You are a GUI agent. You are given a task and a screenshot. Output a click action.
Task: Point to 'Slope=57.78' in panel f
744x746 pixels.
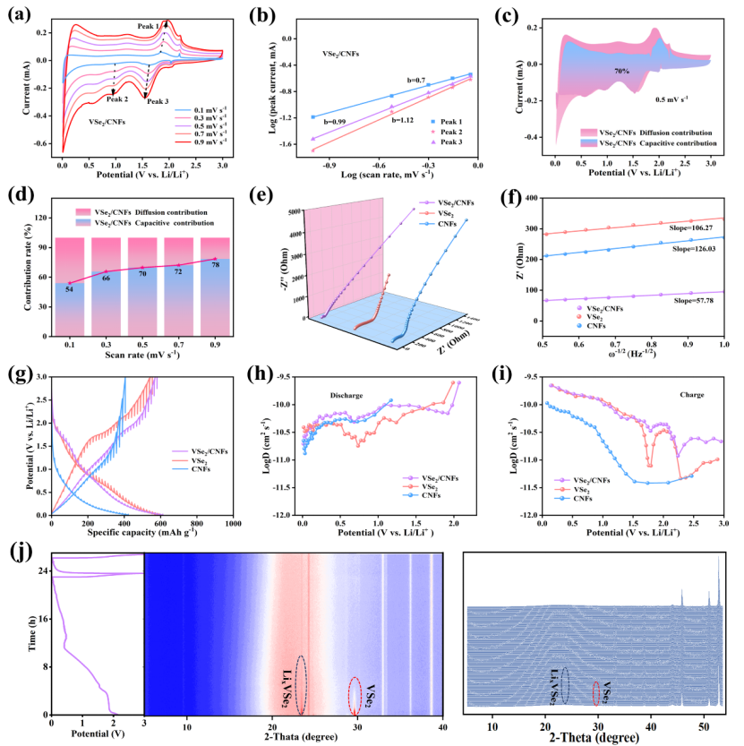click(697, 294)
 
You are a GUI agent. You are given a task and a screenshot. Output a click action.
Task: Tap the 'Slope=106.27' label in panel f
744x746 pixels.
click(689, 205)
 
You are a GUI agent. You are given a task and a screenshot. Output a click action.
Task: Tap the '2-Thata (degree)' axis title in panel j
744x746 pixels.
click(294, 735)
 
